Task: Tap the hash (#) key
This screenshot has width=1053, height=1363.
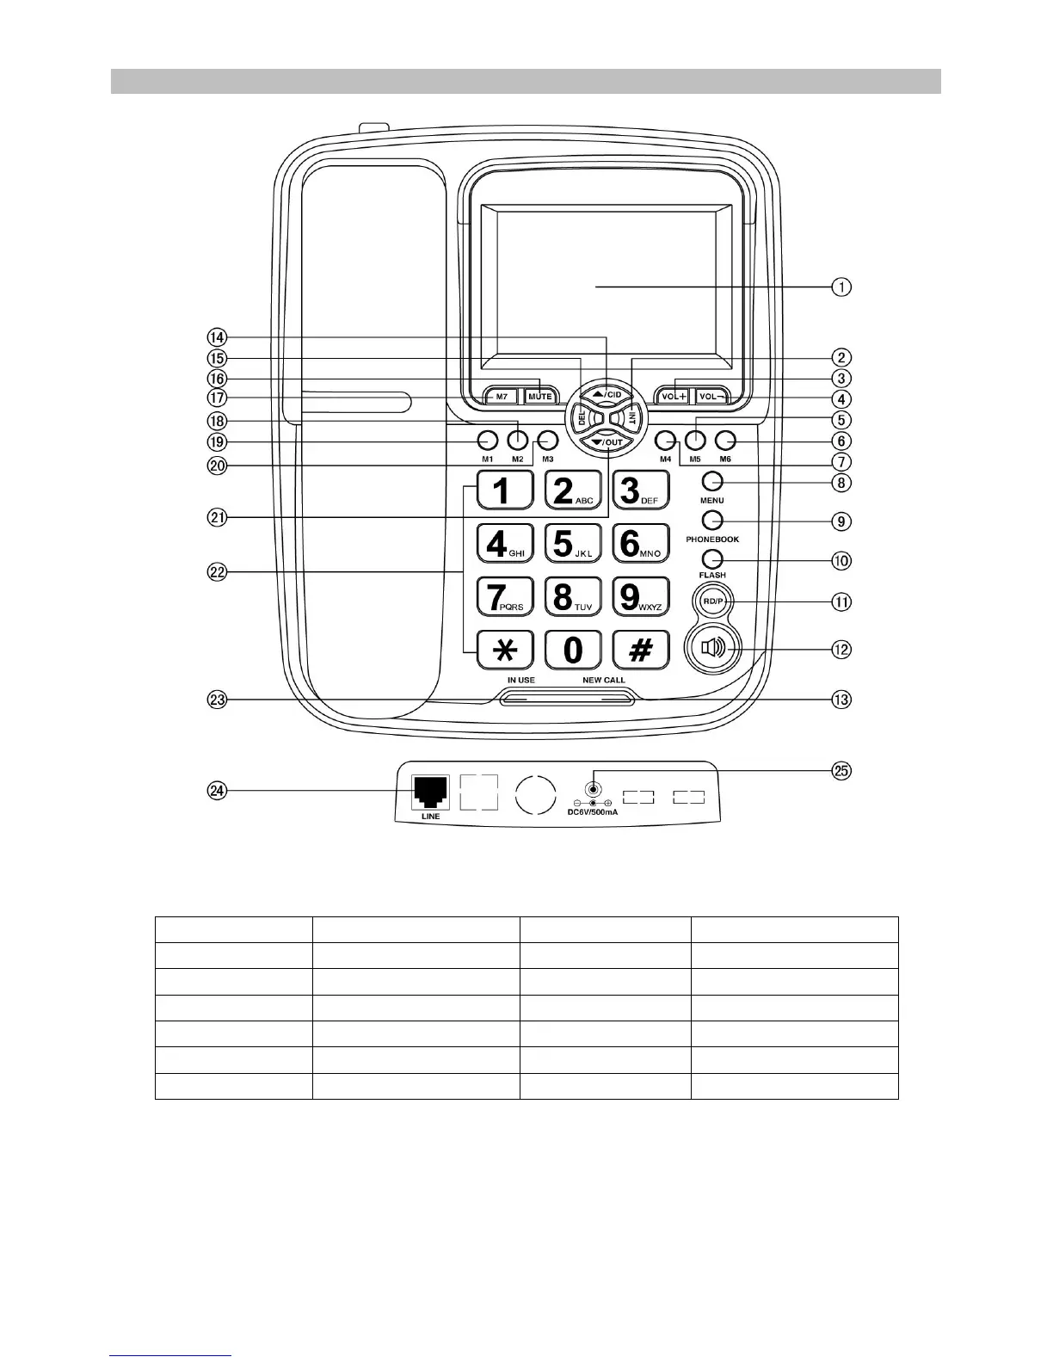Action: [640, 650]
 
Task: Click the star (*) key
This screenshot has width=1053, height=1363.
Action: [505, 650]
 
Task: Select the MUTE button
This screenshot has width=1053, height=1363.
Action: [539, 397]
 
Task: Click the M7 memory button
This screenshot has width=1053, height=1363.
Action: [502, 397]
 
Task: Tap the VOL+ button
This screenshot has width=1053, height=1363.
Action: [672, 397]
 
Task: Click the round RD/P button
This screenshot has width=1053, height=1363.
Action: [711, 601]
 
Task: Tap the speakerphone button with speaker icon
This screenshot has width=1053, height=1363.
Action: [714, 648]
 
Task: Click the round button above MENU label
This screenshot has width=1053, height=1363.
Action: [711, 481]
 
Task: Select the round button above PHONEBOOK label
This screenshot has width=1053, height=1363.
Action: [711, 520]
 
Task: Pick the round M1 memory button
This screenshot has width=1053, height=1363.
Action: [488, 441]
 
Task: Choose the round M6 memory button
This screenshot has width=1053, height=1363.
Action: [725, 441]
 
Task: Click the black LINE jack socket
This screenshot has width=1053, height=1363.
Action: [431, 792]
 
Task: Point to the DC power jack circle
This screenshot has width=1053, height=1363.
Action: [593, 789]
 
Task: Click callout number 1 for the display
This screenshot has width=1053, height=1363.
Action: [841, 287]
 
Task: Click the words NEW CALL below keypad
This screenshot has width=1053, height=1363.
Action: [604, 680]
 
